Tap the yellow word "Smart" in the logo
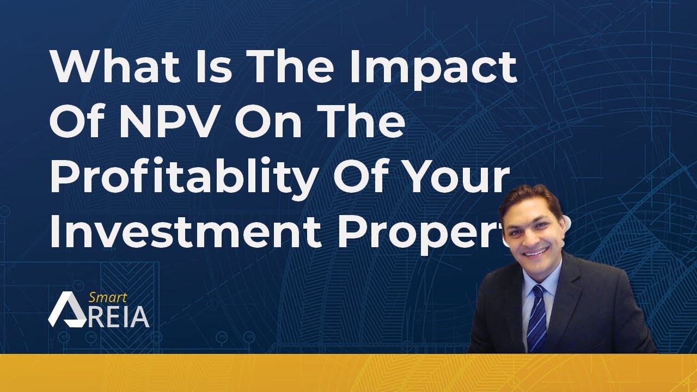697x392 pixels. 107,298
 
